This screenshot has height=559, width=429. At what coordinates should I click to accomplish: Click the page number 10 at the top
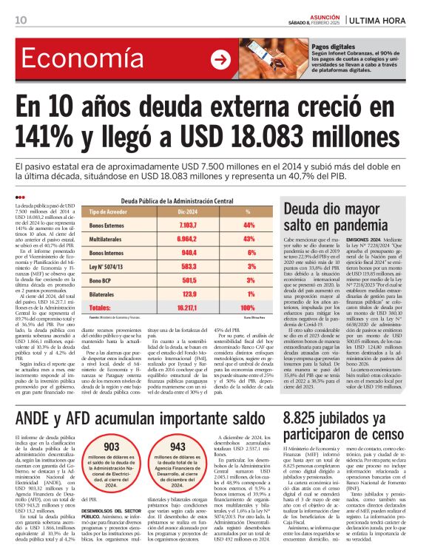pyautogui.click(x=21, y=19)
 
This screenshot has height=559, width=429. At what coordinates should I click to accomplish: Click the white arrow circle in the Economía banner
pyautogui.click(x=221, y=60)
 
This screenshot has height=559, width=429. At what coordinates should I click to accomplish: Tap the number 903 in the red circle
pyautogui.click(x=112, y=447)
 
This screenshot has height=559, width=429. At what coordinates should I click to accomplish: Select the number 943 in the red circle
pyautogui.click(x=178, y=447)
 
